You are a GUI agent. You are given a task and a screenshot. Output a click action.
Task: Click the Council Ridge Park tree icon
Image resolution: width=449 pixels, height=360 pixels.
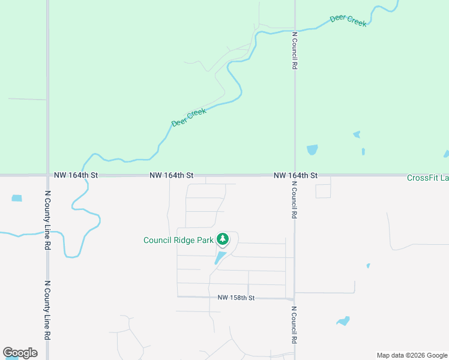[x=223, y=239]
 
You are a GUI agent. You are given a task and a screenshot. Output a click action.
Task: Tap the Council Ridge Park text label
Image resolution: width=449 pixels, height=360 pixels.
[x=178, y=240]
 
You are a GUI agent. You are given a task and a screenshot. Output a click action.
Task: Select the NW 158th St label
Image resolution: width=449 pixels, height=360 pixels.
[x=237, y=298]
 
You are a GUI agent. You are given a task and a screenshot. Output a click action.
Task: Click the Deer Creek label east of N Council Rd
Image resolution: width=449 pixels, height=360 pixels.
[x=348, y=21]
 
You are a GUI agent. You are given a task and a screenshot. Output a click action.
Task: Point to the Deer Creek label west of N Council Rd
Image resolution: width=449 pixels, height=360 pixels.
[x=188, y=117]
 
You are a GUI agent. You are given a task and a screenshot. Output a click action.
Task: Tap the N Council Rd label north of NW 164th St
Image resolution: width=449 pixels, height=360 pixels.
[x=295, y=51]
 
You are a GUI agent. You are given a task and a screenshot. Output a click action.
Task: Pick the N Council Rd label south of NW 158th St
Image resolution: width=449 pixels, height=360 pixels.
[x=294, y=325]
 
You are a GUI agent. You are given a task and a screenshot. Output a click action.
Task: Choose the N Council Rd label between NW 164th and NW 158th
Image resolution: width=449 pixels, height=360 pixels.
[x=294, y=201]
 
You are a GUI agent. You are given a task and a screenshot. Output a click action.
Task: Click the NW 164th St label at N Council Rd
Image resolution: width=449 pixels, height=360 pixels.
[x=295, y=175]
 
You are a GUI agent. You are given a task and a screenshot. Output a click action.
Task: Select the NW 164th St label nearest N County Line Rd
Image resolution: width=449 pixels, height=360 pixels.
[x=76, y=175]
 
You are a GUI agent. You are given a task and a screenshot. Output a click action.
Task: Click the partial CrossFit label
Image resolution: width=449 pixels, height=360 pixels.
[x=427, y=178]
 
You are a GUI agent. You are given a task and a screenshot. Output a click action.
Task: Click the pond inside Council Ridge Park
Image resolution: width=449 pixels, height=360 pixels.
[x=220, y=258]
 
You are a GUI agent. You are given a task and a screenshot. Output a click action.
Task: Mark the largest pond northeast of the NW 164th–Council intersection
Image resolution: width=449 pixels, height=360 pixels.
[x=312, y=149]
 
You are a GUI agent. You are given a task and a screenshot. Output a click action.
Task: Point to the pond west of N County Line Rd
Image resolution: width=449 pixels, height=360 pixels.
[x=16, y=198]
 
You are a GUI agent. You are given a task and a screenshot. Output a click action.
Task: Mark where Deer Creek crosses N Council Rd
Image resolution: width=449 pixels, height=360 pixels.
[x=295, y=30]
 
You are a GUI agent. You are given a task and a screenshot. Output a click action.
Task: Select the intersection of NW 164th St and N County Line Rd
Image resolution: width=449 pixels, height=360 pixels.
[x=47, y=175]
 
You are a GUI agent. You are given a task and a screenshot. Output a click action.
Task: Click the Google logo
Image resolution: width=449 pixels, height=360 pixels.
[x=20, y=353]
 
